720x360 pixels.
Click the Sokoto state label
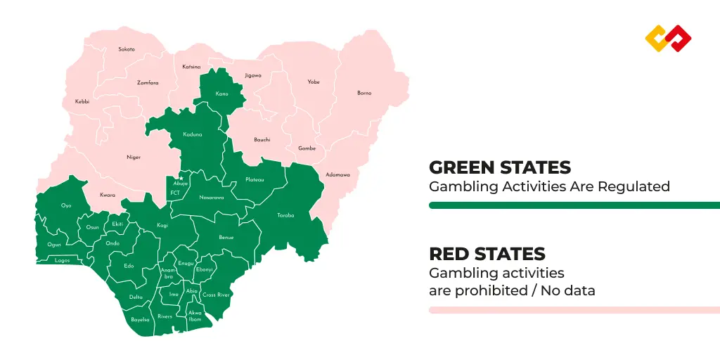[x=127, y=49]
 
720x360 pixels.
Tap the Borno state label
[x=364, y=93]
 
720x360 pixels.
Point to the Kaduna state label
[x=193, y=134]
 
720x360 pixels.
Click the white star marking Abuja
[x=181, y=178]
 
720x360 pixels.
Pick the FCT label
[x=175, y=192]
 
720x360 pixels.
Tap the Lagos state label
[x=63, y=260]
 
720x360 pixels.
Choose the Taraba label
[x=285, y=215]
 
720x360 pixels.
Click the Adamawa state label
[x=337, y=174]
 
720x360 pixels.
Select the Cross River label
[x=216, y=295]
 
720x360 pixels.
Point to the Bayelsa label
[x=141, y=319]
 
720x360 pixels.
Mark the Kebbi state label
[x=82, y=101]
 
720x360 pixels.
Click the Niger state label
[x=134, y=157]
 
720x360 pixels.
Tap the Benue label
[x=226, y=237]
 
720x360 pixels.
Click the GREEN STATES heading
[x=499, y=167]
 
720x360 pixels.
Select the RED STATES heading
[x=487, y=254]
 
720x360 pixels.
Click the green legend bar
[x=574, y=205]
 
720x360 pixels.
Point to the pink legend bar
[x=574, y=310]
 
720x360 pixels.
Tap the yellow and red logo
[x=667, y=39]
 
